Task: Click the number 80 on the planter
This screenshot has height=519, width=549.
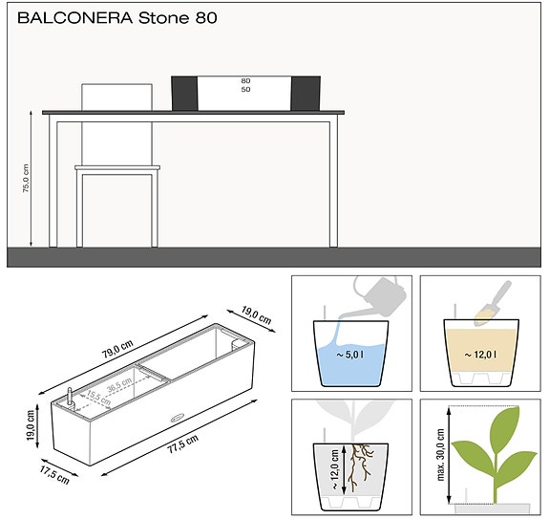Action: click(x=245, y=82)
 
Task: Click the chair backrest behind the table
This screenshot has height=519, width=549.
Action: click(x=117, y=96)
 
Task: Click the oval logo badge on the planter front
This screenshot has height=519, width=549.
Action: click(x=176, y=416)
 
